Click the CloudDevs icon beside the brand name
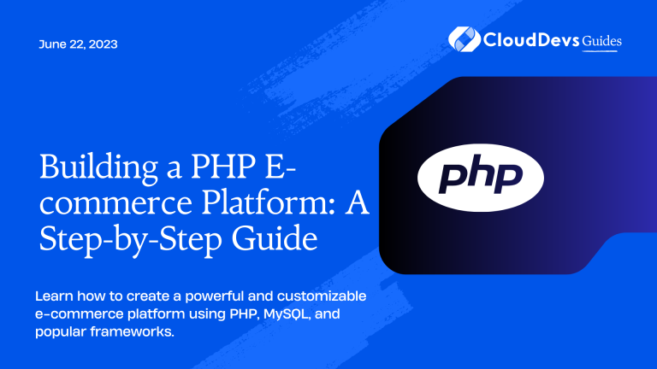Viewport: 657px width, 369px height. pyautogui.click(x=462, y=39)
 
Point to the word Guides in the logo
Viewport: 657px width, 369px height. pyautogui.click(x=603, y=41)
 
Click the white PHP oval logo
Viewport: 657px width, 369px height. pyautogui.click(x=481, y=176)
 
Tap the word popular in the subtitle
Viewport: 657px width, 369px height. pyautogui.click(x=62, y=331)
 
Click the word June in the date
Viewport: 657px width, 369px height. pyautogui.click(x=51, y=44)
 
